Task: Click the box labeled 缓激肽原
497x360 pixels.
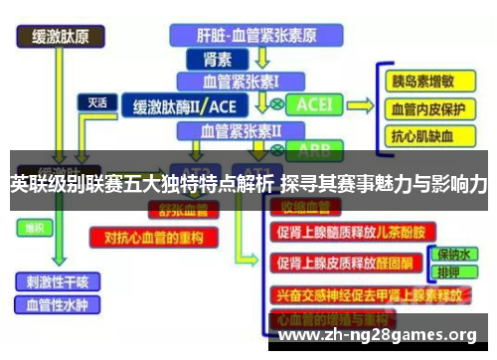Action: coord(61,38)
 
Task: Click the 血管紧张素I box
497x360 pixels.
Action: coord(242,80)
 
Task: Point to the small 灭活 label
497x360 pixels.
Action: coord(97,101)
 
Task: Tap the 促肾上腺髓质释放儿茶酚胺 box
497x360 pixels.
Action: coord(354,232)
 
